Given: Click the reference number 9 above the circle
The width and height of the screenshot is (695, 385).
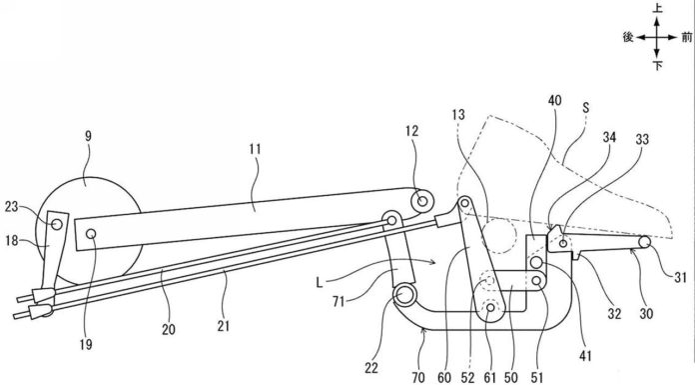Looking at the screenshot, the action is pos(88,136).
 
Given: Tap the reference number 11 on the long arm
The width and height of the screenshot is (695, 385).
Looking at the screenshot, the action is pos(255,149).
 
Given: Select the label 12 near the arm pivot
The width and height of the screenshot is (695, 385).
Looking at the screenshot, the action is pos(411,131).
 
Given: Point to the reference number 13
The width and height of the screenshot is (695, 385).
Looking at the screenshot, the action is pos(458,115).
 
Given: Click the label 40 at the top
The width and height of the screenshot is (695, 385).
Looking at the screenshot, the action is pos(554,101).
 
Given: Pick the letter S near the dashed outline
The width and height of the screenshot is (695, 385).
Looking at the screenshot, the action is pos(586,107).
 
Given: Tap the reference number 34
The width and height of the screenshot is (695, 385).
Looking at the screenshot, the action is pos(609,137).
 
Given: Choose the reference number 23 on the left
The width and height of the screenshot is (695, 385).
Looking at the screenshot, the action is pos(12,206).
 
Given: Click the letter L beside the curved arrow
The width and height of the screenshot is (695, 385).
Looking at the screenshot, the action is pos(320,282).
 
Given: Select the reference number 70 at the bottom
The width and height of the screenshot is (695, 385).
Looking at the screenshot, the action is pos(418,377).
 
